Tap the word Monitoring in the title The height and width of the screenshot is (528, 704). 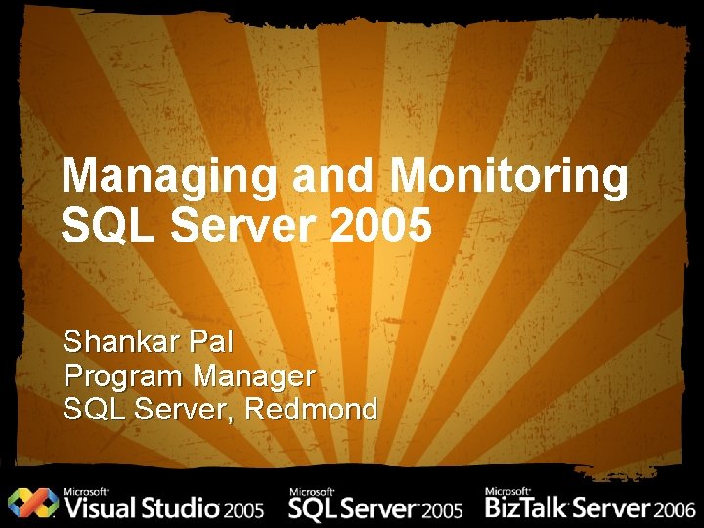[x=508, y=178]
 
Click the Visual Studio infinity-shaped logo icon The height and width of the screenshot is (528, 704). [x=32, y=503]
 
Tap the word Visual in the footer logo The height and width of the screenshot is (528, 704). [x=103, y=506]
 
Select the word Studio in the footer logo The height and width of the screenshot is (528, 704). [x=182, y=506]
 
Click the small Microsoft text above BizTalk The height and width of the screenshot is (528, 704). [x=508, y=490]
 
